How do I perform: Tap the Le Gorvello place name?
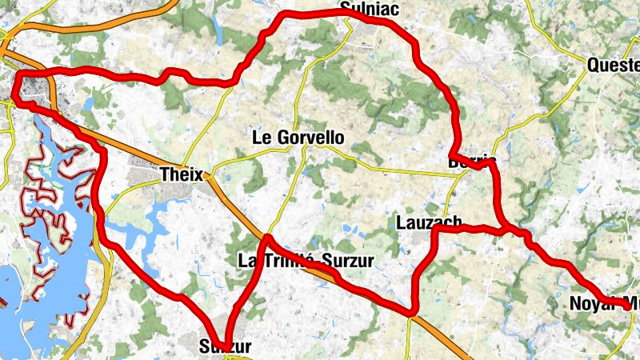point(298,138)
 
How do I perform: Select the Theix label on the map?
point(183,174)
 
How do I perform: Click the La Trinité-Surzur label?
point(306,261)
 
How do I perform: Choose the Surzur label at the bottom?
point(225,347)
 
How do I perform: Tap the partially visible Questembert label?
point(613,65)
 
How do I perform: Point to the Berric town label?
point(473,161)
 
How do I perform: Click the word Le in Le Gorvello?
point(263,138)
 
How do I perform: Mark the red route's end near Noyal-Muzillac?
point(626,306)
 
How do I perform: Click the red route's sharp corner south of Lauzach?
point(413,310)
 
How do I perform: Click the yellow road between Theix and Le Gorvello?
point(232,161)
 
